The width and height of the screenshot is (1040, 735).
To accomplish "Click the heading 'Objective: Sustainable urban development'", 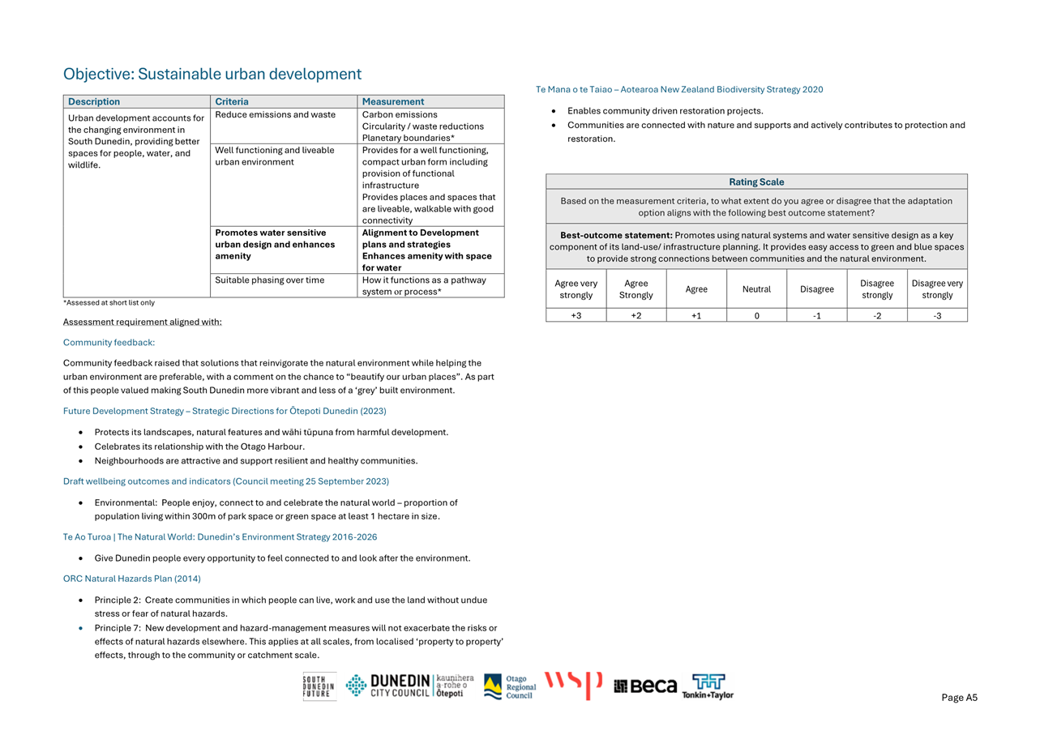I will pos(212,75).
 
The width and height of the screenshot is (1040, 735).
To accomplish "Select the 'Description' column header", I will pos(94,102).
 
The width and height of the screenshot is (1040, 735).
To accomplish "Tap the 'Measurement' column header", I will pos(393,102).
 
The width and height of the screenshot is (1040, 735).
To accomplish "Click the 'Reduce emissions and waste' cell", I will pos(276,115).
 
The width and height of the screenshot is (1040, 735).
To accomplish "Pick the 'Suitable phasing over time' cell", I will pos(270,280).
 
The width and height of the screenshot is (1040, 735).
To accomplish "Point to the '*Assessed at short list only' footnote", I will pos(109,303).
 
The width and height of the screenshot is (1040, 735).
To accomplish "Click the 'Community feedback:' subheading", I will pos(109,343).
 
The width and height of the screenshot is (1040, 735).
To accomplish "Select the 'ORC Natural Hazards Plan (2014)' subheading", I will pos(132,579).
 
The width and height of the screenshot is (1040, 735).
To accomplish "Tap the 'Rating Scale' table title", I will pos(756,182).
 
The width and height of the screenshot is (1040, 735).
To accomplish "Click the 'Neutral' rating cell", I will pos(756,289).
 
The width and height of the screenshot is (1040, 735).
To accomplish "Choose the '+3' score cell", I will pos(576,316).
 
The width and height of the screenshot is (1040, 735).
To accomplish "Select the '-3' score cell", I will pos(937,316).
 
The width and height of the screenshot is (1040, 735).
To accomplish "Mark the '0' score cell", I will pos(756,316).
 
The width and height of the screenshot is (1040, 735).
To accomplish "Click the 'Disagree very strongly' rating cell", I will pos(937,289).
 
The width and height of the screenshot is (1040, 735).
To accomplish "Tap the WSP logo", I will pos(573,685).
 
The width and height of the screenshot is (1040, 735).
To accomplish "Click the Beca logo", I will pos(645,686).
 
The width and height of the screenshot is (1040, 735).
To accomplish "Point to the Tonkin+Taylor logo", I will pos(708,686).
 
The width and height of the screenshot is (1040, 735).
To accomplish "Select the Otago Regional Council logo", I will pos(510,686).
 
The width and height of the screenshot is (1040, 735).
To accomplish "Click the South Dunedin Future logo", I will pos(319,686).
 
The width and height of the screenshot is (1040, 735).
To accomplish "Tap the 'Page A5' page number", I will pos(959,698).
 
